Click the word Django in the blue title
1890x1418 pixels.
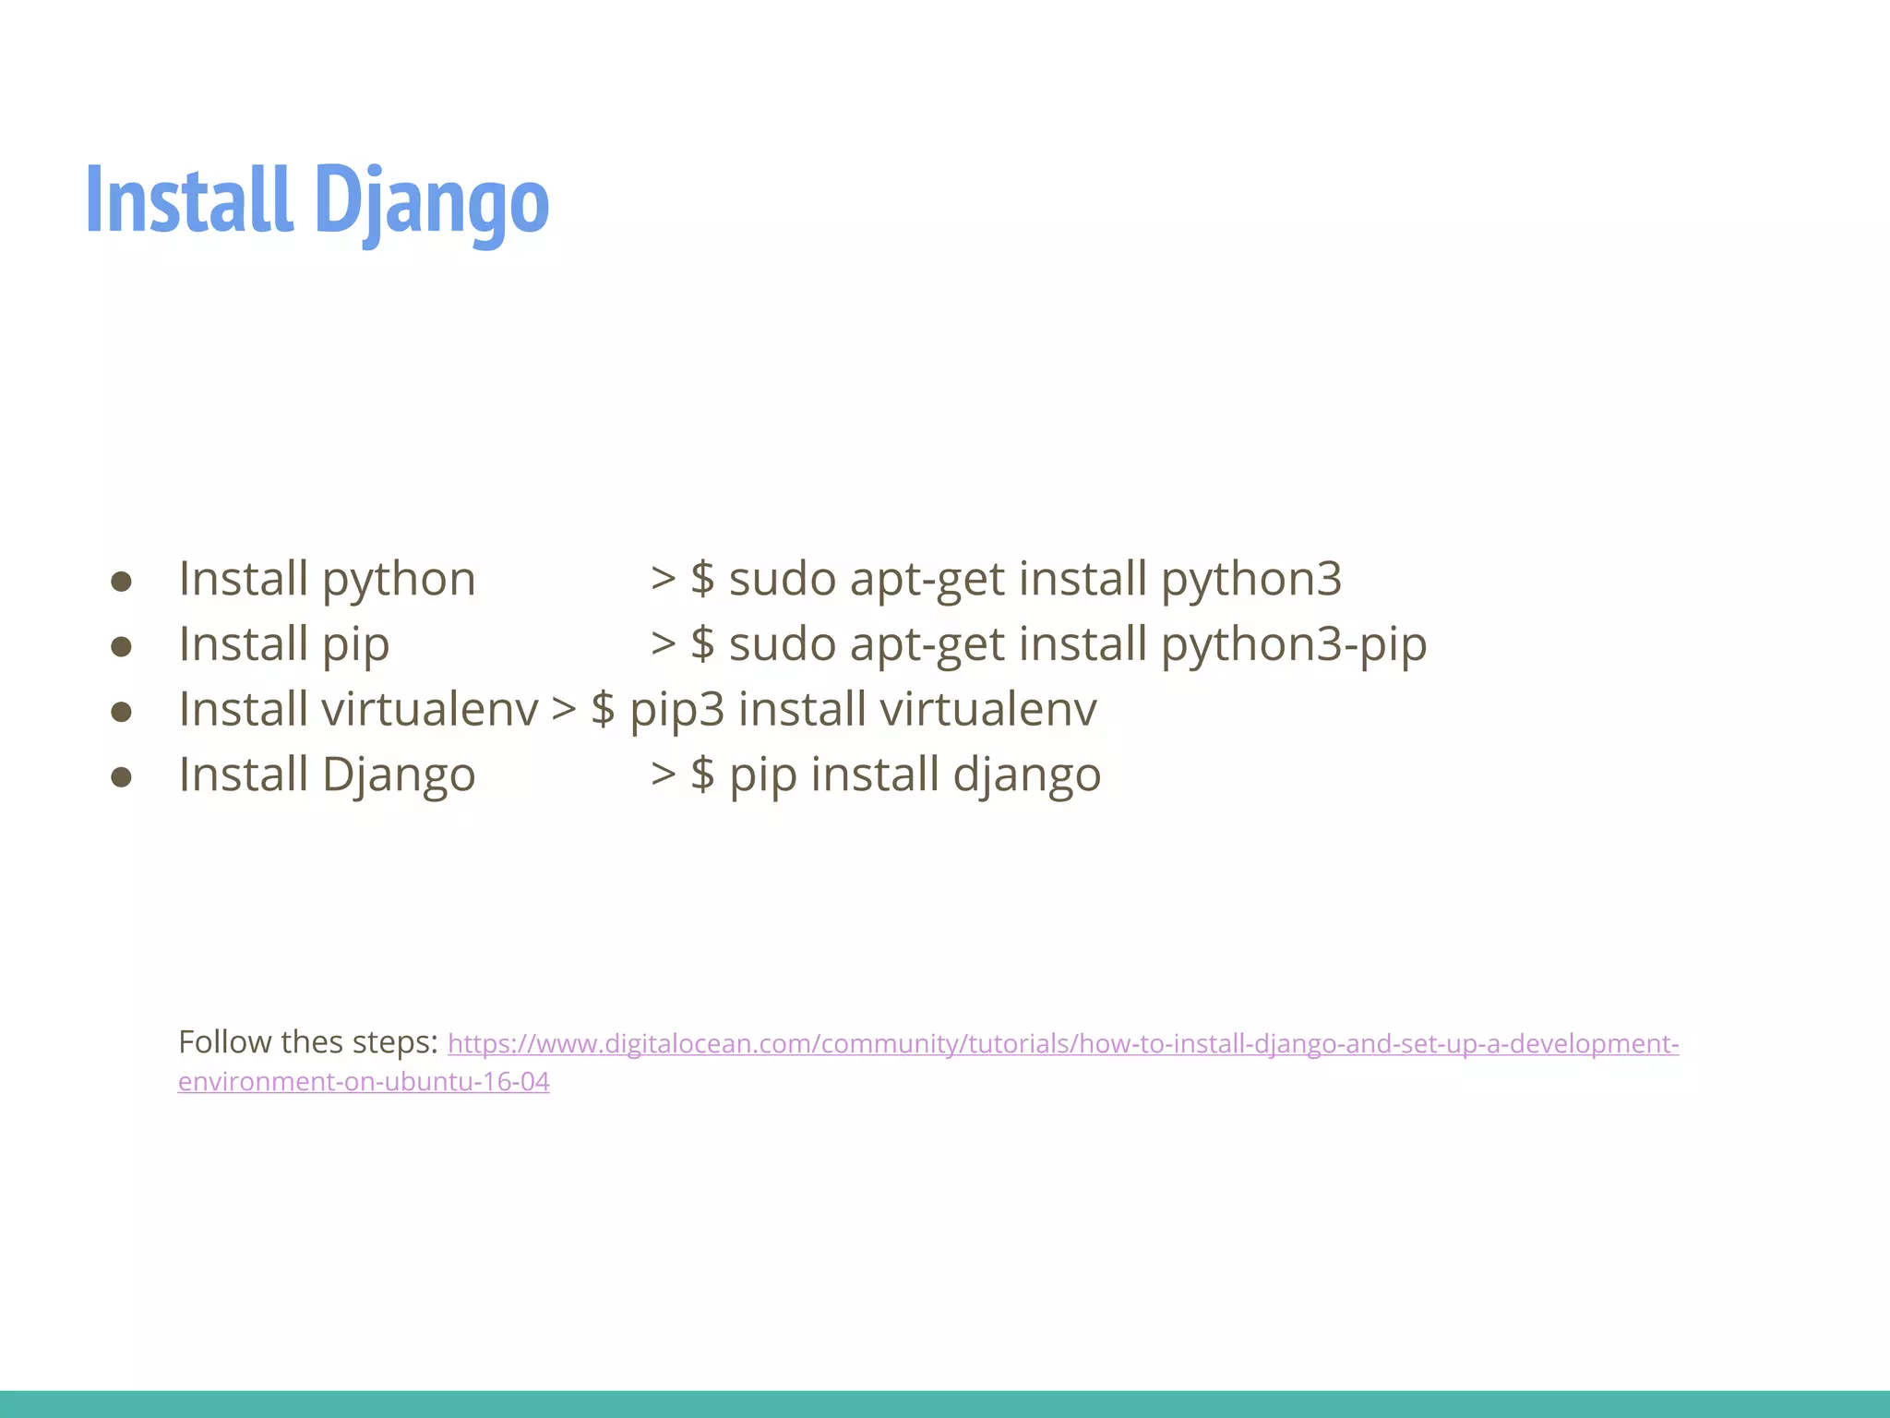pyautogui.click(x=431, y=201)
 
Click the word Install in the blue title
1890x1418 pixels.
pyautogui.click(x=189, y=199)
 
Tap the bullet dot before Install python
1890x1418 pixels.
pyautogui.click(x=121, y=582)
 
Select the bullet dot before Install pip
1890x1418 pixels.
pyautogui.click(x=121, y=646)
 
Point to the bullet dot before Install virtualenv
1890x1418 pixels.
pyautogui.click(x=121, y=712)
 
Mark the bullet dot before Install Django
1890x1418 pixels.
pyautogui.click(x=121, y=776)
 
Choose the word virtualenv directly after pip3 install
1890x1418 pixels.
pyautogui.click(x=988, y=710)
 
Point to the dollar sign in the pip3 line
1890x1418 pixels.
pyautogui.click(x=603, y=710)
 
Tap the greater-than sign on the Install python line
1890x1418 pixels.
pyautogui.click(x=663, y=579)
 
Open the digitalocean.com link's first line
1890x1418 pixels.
pyautogui.click(x=1062, y=1044)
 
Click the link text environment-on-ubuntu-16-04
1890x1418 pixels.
pyautogui.click(x=364, y=1082)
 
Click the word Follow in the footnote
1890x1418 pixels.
pyautogui.click(x=224, y=1042)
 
